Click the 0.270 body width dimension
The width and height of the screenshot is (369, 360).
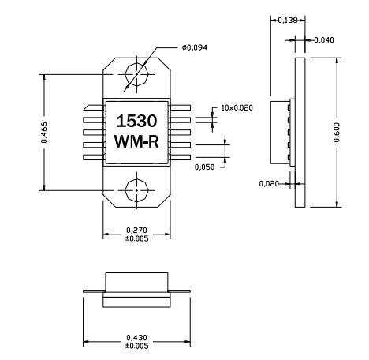136,230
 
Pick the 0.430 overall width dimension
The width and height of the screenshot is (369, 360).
136,336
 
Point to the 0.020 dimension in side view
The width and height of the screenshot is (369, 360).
269,183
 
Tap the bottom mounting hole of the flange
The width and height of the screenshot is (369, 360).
137,189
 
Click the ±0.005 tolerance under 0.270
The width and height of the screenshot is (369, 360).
136,238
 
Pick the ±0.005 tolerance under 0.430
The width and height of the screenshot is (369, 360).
136,344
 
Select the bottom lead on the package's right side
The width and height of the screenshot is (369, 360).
181,156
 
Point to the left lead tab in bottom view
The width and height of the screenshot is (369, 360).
94,289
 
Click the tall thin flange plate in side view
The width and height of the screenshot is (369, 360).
299,132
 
